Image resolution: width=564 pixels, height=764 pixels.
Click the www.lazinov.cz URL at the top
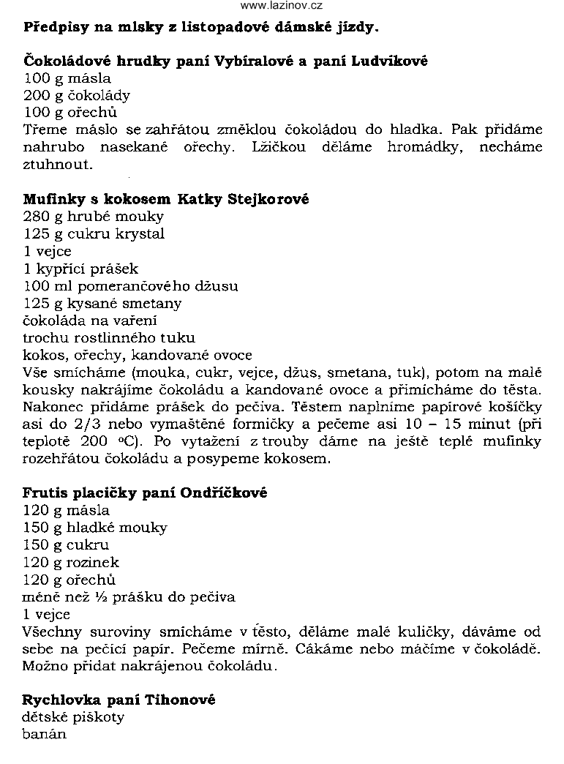coord(282,6)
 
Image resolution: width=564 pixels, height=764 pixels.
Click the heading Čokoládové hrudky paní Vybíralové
coord(225,61)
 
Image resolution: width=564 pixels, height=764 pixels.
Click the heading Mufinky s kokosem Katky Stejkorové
coord(167,199)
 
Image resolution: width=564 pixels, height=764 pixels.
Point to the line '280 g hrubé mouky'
coord(94,217)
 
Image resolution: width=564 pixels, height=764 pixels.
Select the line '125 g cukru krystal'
coord(94,234)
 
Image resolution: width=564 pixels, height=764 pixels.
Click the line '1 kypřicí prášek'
coord(80,269)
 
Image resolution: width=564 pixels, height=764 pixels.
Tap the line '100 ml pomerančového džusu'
coord(130,286)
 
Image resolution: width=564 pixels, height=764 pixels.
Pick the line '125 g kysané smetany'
coord(102,303)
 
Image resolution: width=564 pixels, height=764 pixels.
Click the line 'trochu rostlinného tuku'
coord(109,337)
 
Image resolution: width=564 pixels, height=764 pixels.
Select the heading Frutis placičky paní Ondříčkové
coord(146,493)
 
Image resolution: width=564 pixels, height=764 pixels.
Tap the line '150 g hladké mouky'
coord(95,528)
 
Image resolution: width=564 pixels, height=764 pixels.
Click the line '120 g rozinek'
coord(71,562)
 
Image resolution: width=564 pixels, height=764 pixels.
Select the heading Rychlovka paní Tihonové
coord(119,700)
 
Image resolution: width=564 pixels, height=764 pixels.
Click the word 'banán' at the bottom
coord(45,734)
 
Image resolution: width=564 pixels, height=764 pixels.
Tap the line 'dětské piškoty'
coord(73,717)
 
